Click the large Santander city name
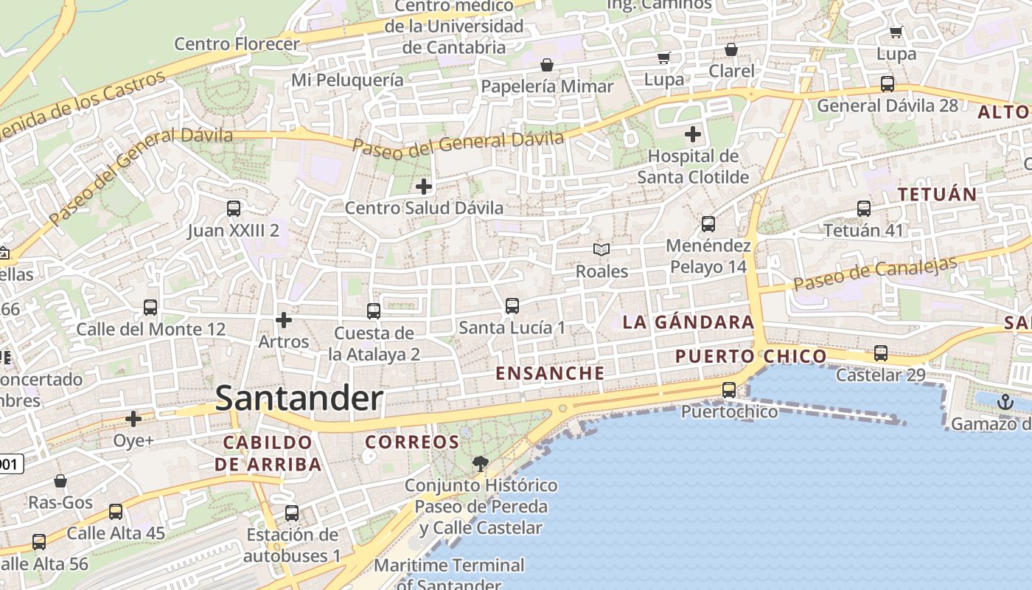[x=299, y=399]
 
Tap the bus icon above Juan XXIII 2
[x=234, y=209]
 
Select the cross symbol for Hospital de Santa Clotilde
[x=692, y=134]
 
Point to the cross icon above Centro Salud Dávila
[x=424, y=187]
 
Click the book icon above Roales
[x=602, y=250]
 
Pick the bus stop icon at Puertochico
[x=729, y=390]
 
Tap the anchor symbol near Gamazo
[x=1005, y=402]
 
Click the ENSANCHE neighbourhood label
[x=550, y=373]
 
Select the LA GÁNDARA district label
[x=688, y=322]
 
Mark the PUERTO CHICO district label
[x=751, y=357]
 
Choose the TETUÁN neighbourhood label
[x=937, y=195]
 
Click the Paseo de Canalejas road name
[x=875, y=273]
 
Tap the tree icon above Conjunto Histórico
[x=480, y=464]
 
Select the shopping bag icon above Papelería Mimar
[x=547, y=65]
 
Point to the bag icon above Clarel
[x=731, y=49]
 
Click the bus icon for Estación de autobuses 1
[x=292, y=513]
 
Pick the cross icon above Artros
[x=283, y=320]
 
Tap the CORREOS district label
[x=412, y=442]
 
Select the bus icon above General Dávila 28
[x=888, y=84]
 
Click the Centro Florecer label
[x=237, y=44]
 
